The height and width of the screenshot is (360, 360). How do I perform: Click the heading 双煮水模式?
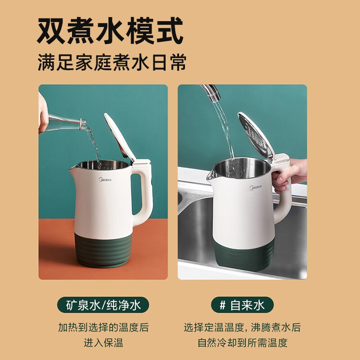pyautogui.click(x=110, y=31)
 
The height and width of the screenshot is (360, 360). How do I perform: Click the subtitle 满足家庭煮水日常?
pyautogui.click(x=112, y=63)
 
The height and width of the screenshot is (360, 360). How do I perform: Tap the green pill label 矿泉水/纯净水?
pyautogui.click(x=103, y=305)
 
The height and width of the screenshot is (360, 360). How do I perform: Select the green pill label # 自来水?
pyautogui.click(x=242, y=305)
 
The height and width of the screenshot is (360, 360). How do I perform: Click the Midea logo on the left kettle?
pyautogui.click(x=105, y=180)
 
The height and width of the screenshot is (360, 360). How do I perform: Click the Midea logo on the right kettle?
pyautogui.click(x=256, y=187)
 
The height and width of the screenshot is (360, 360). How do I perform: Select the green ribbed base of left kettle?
pyautogui.click(x=103, y=250)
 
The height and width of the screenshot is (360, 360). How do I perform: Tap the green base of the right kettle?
pyautogui.click(x=244, y=256)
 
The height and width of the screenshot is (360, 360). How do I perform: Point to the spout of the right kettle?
pyautogui.click(x=211, y=175)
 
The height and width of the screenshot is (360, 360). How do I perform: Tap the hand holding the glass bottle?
pyautogui.click(x=43, y=114)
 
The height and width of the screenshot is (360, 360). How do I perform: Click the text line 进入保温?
pyautogui.click(x=103, y=343)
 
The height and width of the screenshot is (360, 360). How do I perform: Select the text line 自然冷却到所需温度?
pyautogui.click(x=243, y=343)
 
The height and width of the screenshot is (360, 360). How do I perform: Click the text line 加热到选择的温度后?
pyautogui.click(x=103, y=328)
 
